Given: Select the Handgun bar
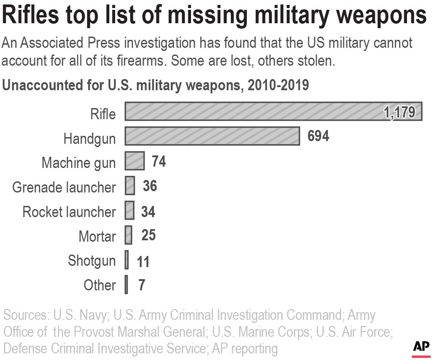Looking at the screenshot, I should point(212,136).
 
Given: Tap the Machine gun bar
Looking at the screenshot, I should point(134,161).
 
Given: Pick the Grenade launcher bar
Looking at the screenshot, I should point(130,186).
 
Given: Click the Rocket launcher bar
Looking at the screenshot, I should point(129,210).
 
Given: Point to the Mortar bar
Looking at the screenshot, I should point(129,235).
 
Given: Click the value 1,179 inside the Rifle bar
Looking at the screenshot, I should point(399,112).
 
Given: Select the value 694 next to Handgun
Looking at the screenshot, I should point(318,136).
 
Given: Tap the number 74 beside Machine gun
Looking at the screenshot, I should point(158,161).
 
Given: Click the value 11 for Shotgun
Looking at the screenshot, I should point(143,261).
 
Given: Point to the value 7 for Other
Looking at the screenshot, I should point(141,285).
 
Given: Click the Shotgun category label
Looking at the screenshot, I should point(91,260).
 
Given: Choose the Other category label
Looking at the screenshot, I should point(100,285).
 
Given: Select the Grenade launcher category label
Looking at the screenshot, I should point(64,187).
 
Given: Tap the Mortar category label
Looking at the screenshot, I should point(97,236).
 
